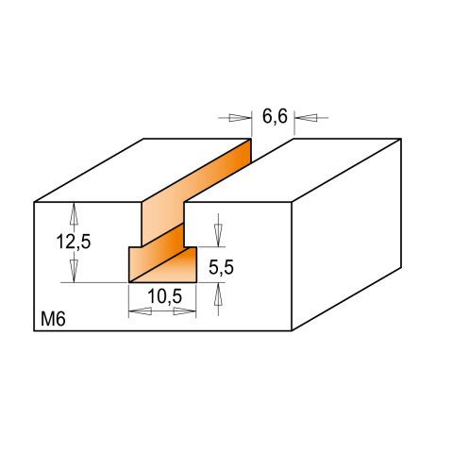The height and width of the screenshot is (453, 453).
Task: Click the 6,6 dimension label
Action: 275,117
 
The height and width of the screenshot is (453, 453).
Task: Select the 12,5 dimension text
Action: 73,242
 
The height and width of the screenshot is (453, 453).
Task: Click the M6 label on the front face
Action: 53,319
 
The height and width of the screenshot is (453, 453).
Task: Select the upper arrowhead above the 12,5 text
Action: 73,212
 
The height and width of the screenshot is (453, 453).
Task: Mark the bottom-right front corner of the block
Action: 290,332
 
